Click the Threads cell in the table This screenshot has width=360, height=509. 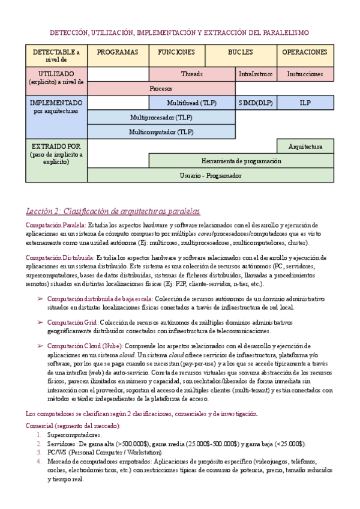point(192,74)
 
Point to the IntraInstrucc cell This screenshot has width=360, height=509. point(256,74)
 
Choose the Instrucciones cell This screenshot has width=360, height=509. point(305,74)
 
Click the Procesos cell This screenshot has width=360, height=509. point(161,88)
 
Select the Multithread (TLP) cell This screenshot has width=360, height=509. point(192,103)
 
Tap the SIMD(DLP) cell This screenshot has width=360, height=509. point(256,103)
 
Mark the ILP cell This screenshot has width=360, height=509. point(305,103)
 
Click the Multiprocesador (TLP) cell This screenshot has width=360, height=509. point(161,117)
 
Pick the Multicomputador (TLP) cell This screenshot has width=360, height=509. point(161,131)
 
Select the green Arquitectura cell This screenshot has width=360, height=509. point(305,146)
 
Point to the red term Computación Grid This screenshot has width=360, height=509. point(73,322)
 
